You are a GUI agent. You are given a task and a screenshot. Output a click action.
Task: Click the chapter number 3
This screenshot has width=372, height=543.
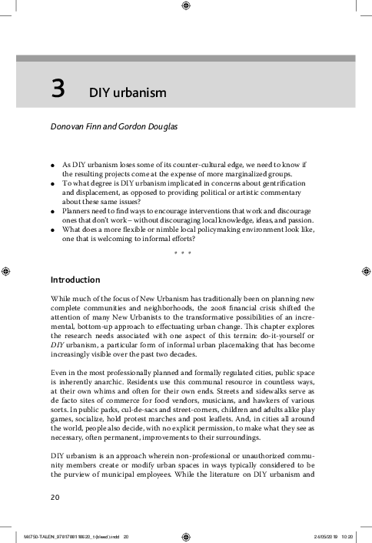point(58,91)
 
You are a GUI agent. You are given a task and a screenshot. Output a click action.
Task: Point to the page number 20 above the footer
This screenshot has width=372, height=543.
point(55,497)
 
